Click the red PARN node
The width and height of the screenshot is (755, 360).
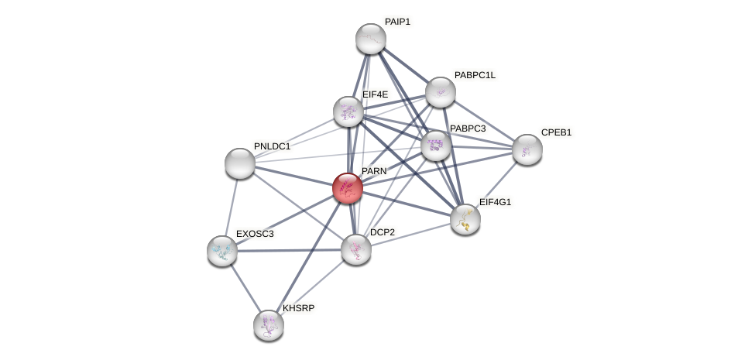347,188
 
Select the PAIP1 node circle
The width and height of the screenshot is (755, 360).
370,39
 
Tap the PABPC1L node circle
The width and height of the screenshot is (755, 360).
440,92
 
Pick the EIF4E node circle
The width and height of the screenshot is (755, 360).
348,111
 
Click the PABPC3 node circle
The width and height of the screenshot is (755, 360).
436,145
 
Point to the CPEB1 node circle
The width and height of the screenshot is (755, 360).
527,149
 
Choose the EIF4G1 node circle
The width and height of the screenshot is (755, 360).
465,219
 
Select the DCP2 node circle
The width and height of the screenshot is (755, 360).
356,249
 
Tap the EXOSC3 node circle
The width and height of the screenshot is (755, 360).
222,250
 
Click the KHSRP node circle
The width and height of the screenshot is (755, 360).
269,324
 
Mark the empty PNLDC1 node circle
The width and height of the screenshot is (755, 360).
240,163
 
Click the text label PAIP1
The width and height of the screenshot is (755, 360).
397,22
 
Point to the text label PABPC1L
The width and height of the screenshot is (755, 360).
475,75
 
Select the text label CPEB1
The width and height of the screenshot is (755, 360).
556,132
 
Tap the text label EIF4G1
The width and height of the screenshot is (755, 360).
495,202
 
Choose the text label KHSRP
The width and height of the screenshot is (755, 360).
298,308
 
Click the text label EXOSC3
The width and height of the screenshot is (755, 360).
255,233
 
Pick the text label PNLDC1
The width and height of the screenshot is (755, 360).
272,146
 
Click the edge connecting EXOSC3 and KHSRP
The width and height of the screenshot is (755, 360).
245,287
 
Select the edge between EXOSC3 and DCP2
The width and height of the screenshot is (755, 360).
289,250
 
